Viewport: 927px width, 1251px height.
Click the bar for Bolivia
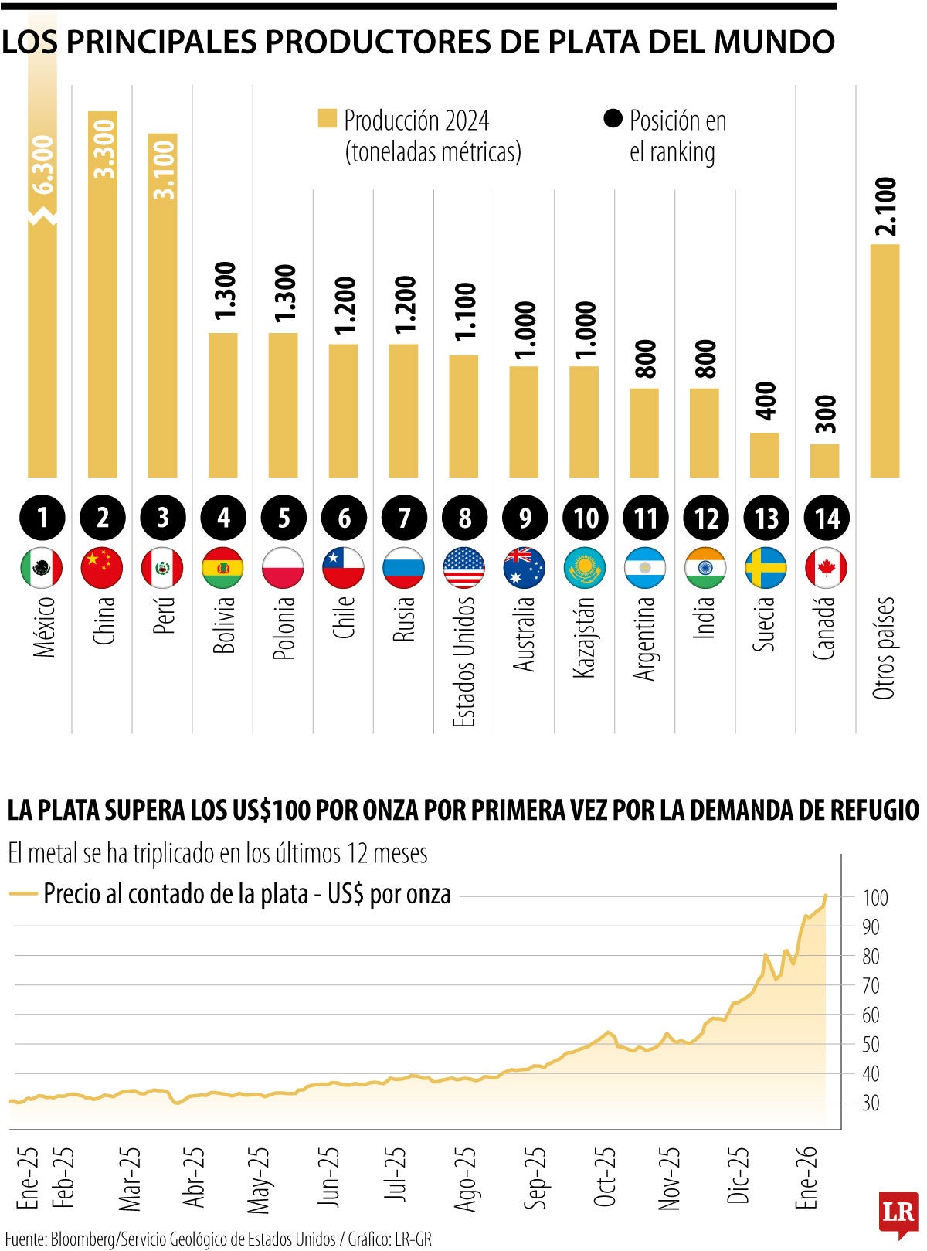(x=223, y=405)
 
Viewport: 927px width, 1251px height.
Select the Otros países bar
(x=885, y=361)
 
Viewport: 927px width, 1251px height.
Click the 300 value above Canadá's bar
(x=825, y=415)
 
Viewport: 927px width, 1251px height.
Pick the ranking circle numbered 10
(x=586, y=518)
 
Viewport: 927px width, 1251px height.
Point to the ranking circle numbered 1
(x=42, y=518)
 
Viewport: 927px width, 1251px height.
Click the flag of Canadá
(x=826, y=569)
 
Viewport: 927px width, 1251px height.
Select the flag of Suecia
(x=766, y=569)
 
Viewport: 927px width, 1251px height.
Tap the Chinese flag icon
(x=102, y=569)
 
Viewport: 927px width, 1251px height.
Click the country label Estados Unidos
(x=463, y=661)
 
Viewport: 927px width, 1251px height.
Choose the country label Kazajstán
(x=585, y=637)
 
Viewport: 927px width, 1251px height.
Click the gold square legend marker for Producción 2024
(x=328, y=120)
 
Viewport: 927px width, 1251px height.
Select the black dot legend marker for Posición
(x=613, y=119)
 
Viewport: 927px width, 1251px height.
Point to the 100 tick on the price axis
(x=875, y=898)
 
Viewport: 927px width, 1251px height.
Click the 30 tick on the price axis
(x=871, y=1103)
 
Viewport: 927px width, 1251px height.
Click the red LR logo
(x=898, y=1213)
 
